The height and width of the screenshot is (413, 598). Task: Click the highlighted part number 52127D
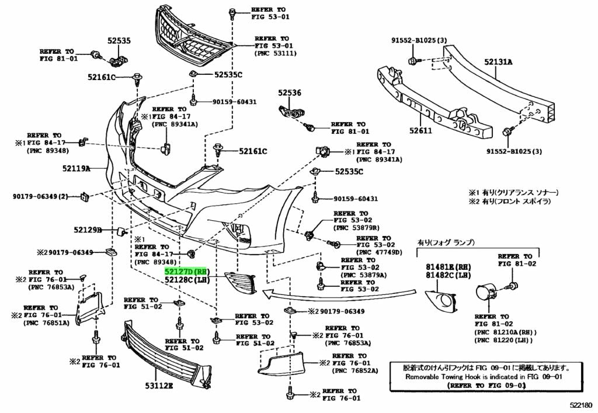click(x=185, y=272)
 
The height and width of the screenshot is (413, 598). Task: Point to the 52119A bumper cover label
click(x=77, y=169)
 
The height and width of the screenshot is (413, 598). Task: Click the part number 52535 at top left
click(x=119, y=41)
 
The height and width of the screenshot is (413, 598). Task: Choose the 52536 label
click(x=289, y=92)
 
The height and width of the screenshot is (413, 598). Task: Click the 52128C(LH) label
click(x=186, y=280)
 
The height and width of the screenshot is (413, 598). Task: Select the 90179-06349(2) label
click(x=40, y=196)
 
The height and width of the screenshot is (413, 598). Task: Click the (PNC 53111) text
click(x=275, y=53)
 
